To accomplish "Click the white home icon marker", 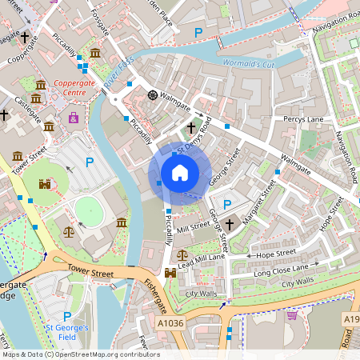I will pyautogui.click(x=180, y=173).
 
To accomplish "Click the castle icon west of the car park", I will pyautogui.click(x=45, y=183).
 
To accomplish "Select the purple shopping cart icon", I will pyautogui.click(x=292, y=315).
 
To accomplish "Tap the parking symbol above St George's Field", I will pyautogui.click(x=67, y=317).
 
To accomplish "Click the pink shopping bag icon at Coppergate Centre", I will pyautogui.click(x=74, y=118).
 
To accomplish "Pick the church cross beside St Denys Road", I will pyautogui.click(x=190, y=127).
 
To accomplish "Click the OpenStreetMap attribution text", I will pyautogui.click(x=80, y=354).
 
